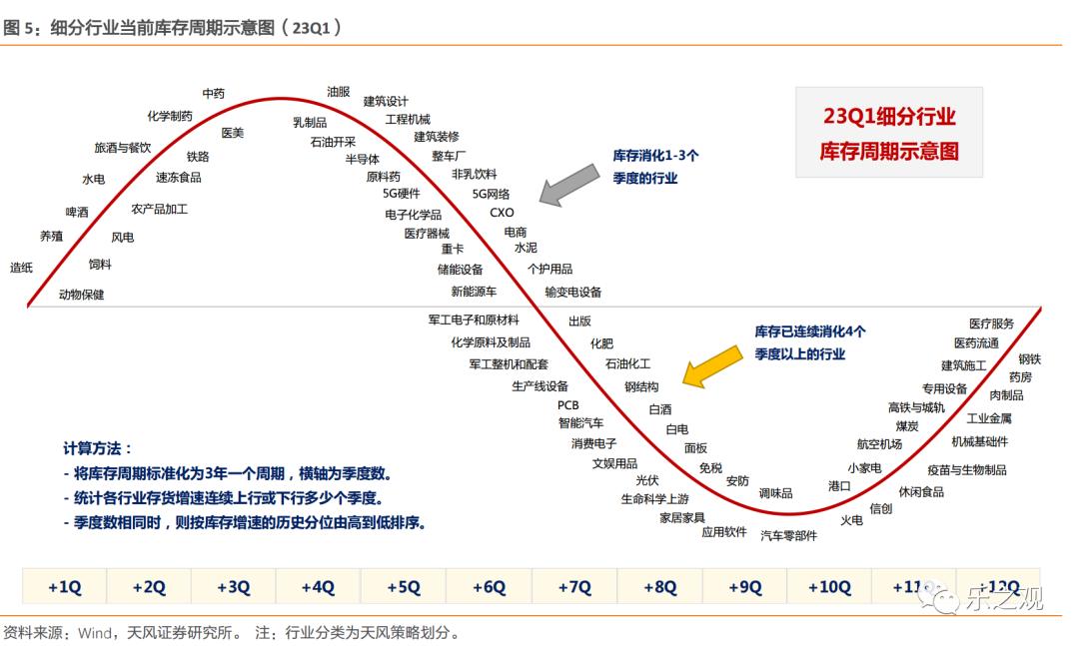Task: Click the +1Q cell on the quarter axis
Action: tap(64, 587)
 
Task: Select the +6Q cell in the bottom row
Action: tap(490, 587)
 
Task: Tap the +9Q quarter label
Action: tap(745, 587)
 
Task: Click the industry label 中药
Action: tap(214, 94)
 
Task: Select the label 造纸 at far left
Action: tap(22, 268)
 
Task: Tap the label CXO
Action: tap(502, 213)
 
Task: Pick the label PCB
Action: tap(567, 405)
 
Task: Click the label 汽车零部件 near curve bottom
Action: tap(788, 535)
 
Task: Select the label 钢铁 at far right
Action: tap(1029, 358)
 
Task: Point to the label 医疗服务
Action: tap(991, 323)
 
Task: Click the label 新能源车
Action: tap(474, 292)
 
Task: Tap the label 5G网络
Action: tap(491, 194)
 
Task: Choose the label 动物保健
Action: tap(81, 295)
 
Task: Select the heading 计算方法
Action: tap(97, 449)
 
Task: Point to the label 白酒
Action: tap(660, 409)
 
